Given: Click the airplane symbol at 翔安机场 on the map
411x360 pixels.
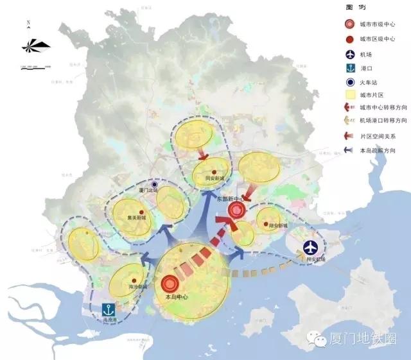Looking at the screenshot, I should click(311, 246).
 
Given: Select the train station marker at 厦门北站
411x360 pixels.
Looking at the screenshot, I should click(155, 184).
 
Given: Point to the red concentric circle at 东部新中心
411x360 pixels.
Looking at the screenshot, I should click(237, 210).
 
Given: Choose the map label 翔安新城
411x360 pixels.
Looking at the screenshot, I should click(274, 226).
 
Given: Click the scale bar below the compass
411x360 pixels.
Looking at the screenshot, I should click(35, 67).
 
